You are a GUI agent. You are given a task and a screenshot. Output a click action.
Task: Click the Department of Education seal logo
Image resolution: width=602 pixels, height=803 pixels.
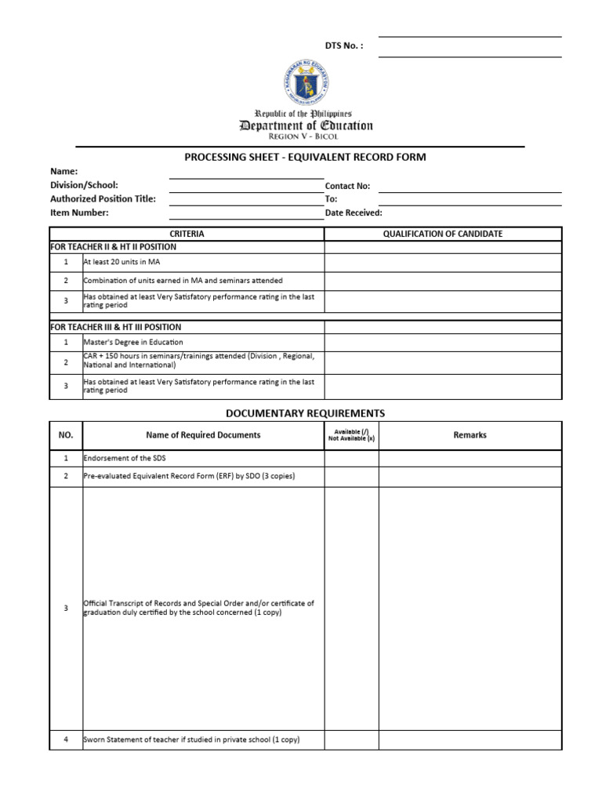click(305, 82)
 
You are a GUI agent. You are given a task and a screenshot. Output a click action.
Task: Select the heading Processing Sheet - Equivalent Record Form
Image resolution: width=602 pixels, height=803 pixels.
click(305, 157)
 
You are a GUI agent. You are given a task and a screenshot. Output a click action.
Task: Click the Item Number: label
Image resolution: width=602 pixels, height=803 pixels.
click(79, 213)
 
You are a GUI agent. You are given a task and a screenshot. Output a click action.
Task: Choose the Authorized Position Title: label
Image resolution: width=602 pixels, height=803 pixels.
click(103, 199)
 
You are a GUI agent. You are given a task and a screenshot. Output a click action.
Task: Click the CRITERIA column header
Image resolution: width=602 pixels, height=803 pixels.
click(187, 234)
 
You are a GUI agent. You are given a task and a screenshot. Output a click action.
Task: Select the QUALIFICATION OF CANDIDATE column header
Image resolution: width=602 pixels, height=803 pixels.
click(443, 234)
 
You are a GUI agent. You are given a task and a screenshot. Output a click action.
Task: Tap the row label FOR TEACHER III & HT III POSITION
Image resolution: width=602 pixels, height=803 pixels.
click(115, 327)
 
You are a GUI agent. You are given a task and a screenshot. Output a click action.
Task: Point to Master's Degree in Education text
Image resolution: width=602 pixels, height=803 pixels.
click(133, 342)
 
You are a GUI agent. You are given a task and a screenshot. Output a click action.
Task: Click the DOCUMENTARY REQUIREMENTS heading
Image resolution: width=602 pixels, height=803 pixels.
click(305, 413)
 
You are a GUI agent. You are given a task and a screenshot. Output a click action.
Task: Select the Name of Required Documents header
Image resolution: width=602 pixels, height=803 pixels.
click(203, 435)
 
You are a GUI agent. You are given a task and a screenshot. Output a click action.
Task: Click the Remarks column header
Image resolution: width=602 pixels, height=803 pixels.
click(470, 435)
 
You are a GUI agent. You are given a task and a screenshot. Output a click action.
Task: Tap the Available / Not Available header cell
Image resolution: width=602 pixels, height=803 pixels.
click(351, 435)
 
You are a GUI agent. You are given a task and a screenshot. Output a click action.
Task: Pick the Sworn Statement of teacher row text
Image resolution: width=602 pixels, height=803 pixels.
click(191, 739)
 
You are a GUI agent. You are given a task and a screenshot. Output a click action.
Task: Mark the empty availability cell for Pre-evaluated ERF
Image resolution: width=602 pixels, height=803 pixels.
click(351, 476)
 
